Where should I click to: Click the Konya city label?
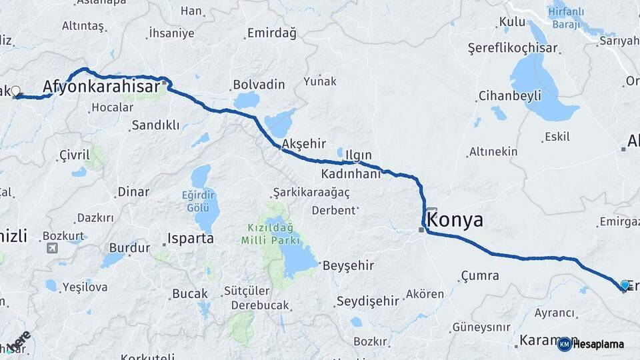(454, 220)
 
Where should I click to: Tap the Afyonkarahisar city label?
(101, 86)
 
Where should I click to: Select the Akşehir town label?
(303, 143)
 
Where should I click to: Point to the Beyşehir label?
(348, 265)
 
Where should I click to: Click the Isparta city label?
(190, 238)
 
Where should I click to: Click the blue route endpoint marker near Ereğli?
(625, 285)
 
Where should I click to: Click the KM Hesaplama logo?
(591, 344)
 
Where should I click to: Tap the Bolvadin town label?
(259, 85)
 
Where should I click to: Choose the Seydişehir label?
(367, 301)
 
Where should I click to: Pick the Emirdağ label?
(271, 33)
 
